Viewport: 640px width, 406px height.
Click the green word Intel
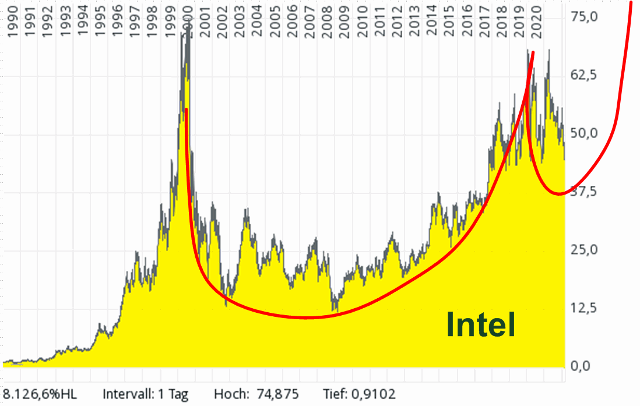point(481,324)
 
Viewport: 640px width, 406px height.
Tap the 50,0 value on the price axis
point(585,133)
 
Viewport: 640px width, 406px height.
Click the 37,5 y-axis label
point(585,192)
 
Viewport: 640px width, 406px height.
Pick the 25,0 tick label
point(585,250)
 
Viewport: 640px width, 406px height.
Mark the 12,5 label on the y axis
point(585,308)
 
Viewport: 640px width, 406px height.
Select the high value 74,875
point(277,394)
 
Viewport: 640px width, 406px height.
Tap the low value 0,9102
point(372,394)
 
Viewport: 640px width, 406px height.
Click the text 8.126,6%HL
point(40,394)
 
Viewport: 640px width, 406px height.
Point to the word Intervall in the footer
point(127,394)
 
